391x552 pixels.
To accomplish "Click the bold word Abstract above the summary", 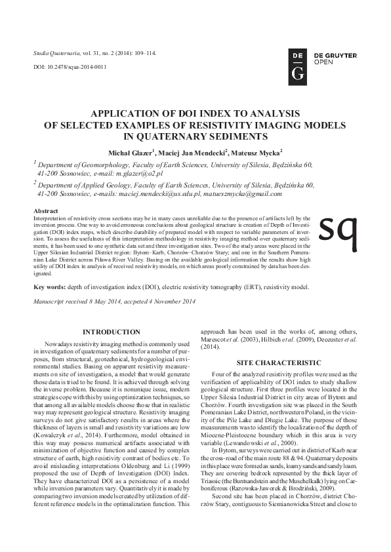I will (x=46, y=210).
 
